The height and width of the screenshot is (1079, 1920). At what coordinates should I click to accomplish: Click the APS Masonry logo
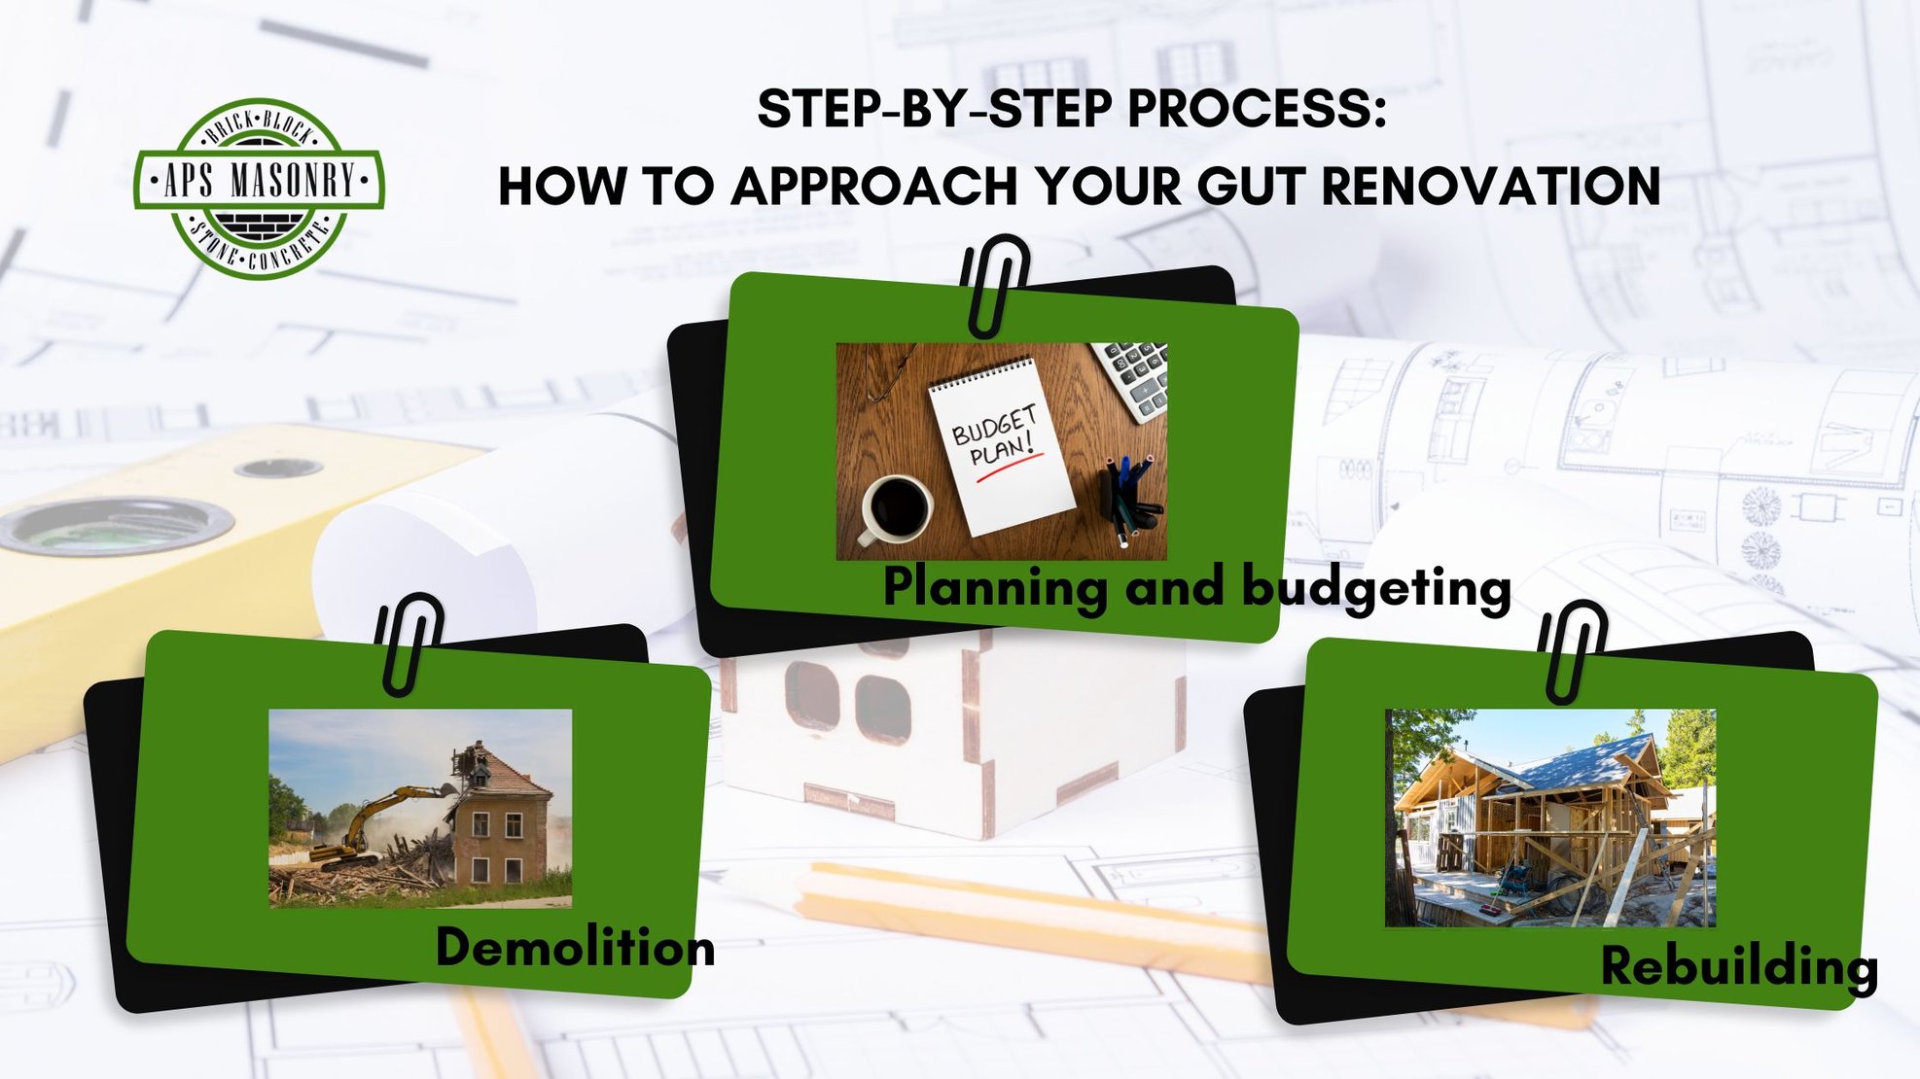(x=259, y=189)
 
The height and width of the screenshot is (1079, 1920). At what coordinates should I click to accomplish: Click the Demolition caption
(x=575, y=947)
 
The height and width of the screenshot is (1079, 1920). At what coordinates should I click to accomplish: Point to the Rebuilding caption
(x=1738, y=966)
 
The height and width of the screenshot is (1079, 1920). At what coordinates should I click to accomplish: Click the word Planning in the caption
(x=994, y=588)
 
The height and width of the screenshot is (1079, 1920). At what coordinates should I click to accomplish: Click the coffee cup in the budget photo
(x=896, y=507)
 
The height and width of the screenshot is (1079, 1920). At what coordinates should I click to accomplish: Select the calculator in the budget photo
(x=1134, y=379)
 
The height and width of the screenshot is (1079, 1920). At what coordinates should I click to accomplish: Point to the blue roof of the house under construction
(x=1595, y=758)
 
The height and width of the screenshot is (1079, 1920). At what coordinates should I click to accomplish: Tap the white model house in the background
(x=953, y=729)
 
